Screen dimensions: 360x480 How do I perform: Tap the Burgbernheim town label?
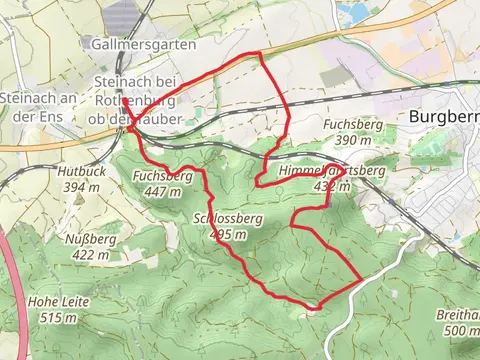(445, 116)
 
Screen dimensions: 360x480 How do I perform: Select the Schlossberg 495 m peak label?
(216, 226)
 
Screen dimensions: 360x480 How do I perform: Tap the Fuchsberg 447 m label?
(162, 184)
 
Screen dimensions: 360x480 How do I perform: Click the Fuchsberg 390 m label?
(349, 132)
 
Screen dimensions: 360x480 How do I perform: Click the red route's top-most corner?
(260, 52)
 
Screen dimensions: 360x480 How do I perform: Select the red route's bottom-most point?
(315, 308)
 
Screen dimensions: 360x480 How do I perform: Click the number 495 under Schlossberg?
(224, 234)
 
